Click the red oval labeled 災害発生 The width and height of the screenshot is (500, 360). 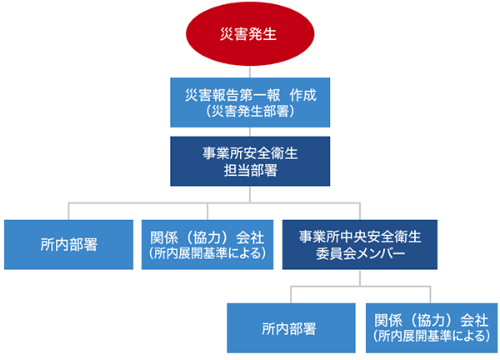(250, 34)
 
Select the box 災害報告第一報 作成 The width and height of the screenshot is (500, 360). (250, 102)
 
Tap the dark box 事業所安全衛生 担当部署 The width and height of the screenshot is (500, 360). (250, 162)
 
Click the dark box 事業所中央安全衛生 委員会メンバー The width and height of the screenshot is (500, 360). (360, 244)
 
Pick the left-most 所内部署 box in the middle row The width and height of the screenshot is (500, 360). (68, 244)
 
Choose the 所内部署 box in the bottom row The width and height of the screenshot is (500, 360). (291, 327)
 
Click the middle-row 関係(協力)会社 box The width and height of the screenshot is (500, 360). (207, 244)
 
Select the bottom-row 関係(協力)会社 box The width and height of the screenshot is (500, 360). (432, 327)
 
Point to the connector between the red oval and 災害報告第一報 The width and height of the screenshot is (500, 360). (250, 72)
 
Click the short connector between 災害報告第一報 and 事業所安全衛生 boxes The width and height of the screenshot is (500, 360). (250, 132)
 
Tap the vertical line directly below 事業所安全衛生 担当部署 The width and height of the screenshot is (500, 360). (250, 194)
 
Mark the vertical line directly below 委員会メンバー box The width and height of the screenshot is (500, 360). (360, 277)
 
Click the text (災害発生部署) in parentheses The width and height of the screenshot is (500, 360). (250, 112)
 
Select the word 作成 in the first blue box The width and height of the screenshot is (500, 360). (303, 95)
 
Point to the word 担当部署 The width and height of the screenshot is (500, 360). (250, 170)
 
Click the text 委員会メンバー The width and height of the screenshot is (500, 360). (360, 254)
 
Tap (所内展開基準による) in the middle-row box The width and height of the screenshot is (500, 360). (207, 253)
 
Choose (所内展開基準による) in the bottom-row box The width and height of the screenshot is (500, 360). (432, 336)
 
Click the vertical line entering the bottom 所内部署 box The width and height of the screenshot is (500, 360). (291, 295)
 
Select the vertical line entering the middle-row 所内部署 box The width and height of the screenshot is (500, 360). (68, 211)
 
